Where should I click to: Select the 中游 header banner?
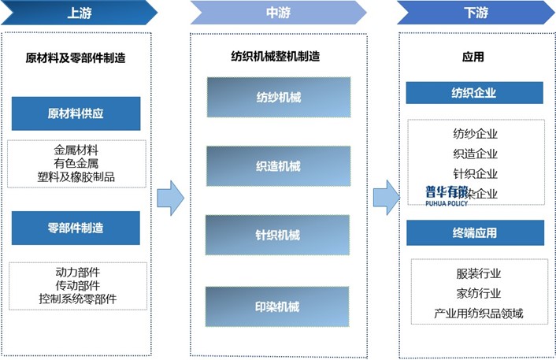(278, 13)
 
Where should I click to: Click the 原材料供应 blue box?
(76, 113)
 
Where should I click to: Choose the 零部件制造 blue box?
(76, 228)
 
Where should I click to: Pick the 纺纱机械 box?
(278, 98)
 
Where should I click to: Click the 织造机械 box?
(278, 166)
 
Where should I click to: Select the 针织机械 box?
(278, 235)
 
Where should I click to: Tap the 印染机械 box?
(278, 306)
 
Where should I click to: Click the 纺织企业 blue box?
(474, 93)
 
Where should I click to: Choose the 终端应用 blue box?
(474, 233)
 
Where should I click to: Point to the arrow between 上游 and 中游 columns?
(170, 197)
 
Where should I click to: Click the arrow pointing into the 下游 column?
(385, 197)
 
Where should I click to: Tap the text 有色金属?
(76, 163)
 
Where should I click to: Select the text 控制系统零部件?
(76, 299)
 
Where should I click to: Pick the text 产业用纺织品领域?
(478, 314)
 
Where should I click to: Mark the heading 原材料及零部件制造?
(76, 58)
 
